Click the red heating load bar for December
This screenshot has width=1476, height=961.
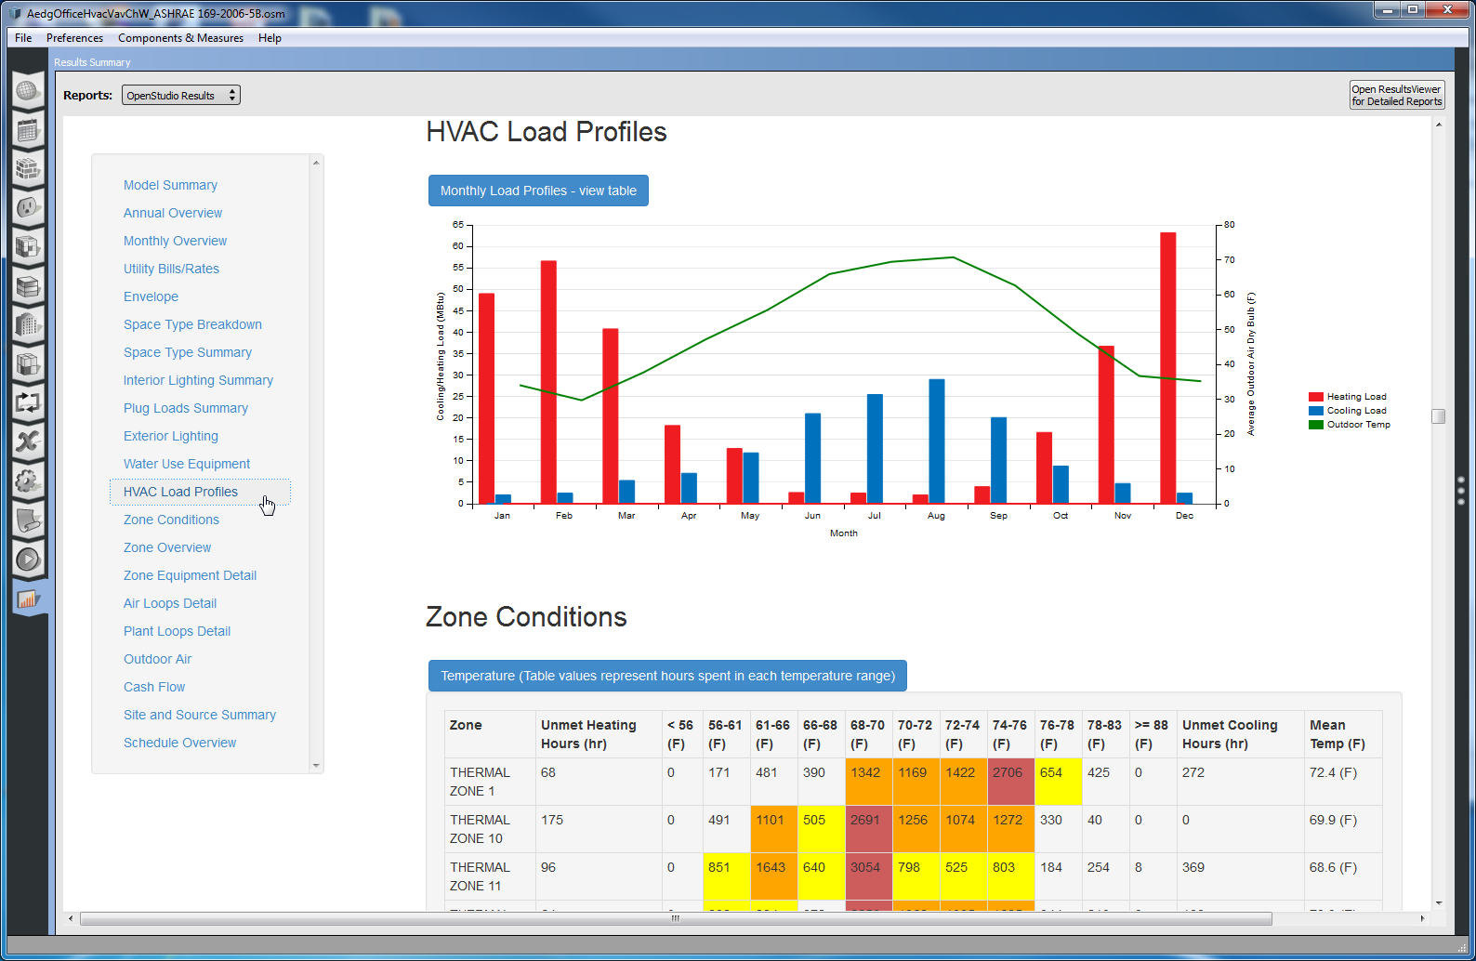click(x=1168, y=368)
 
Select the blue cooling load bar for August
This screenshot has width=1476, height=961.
click(x=937, y=441)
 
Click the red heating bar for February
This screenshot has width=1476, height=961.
click(x=548, y=382)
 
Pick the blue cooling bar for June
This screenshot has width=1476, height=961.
click(x=813, y=458)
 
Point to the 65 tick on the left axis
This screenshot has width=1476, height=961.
click(x=458, y=225)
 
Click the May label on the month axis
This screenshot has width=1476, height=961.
click(x=750, y=516)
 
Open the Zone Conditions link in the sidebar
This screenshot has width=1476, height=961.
click(x=171, y=520)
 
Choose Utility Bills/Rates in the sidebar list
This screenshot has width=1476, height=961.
click(x=171, y=269)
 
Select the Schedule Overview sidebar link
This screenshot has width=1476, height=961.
click(x=179, y=743)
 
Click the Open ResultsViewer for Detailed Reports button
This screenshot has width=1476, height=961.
click(x=1397, y=96)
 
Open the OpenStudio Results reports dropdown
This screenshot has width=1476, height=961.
click(x=180, y=95)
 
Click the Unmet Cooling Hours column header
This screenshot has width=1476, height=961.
click(x=1230, y=734)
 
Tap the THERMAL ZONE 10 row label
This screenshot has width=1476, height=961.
click(x=480, y=829)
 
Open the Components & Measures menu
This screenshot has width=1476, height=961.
click(x=180, y=38)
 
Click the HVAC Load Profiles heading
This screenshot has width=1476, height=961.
click(x=547, y=132)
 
